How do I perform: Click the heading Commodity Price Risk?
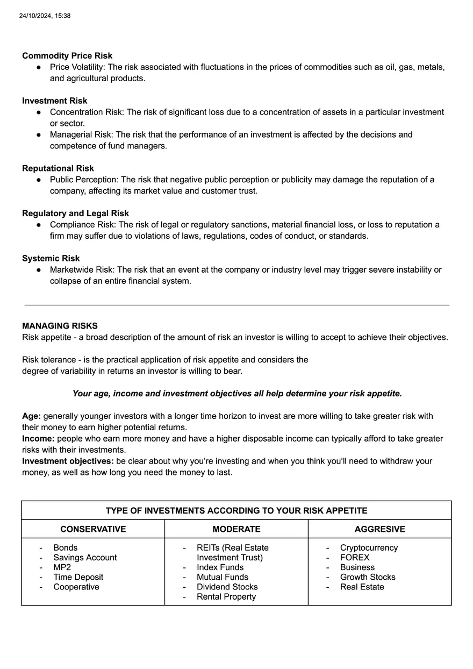coord(67,56)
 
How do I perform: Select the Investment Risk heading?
coord(54,101)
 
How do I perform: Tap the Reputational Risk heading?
coord(58,168)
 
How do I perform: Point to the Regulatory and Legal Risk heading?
coord(75,213)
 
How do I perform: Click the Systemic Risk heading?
coord(51,259)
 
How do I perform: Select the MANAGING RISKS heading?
coord(60,326)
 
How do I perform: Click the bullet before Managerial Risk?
coord(39,135)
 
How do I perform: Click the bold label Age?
coord(31,416)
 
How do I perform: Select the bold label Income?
coord(38,439)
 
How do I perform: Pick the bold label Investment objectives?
coord(68,461)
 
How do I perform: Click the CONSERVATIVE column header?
coord(93,529)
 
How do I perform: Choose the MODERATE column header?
coord(236,529)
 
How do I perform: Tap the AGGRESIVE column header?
coord(379,529)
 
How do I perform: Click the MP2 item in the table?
coord(62,567)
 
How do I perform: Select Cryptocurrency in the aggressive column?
coord(369,548)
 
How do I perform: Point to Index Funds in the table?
coord(220,567)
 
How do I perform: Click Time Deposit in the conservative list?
coord(78,577)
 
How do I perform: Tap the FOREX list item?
coord(355,558)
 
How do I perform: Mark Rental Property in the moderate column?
coord(226,597)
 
